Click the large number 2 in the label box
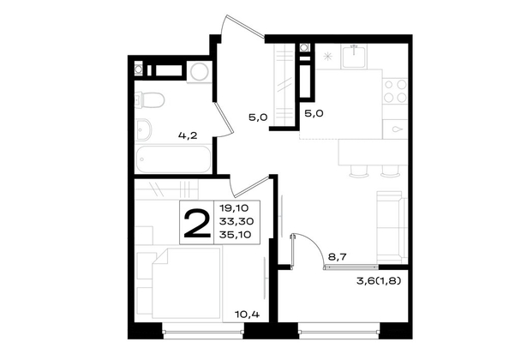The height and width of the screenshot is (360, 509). [x=197, y=223]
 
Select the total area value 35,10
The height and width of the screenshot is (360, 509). [x=236, y=235]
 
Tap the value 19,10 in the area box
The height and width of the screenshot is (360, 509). [x=234, y=207]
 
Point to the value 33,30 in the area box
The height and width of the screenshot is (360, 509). [x=237, y=221]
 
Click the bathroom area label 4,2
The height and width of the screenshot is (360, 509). [x=188, y=135]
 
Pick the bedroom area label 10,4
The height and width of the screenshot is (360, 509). [x=248, y=314]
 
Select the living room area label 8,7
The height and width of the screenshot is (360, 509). [x=338, y=257]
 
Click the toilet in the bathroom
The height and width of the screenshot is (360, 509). [x=149, y=100]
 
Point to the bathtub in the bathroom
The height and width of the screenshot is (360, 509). [x=173, y=159]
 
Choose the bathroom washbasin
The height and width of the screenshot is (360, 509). [x=143, y=129]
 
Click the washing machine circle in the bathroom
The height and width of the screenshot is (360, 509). [x=200, y=72]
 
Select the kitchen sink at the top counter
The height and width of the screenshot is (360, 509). [x=355, y=57]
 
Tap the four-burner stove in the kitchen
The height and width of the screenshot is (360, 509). [x=395, y=91]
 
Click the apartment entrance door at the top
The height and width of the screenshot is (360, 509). [x=242, y=27]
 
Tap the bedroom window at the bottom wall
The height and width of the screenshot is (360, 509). [x=203, y=332]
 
